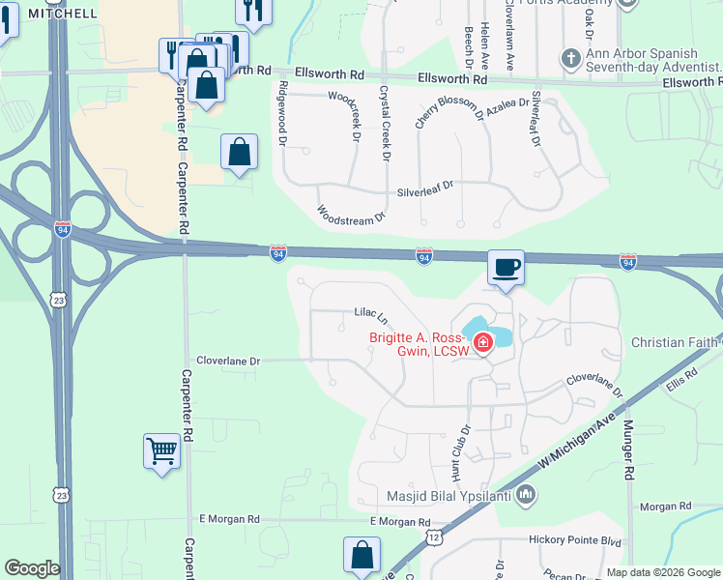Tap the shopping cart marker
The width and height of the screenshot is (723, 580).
click(161, 449)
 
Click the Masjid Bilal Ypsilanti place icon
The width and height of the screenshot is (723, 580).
click(526, 495)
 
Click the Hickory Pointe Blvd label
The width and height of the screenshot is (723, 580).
click(574, 540)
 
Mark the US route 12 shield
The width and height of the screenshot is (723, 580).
click(434, 536)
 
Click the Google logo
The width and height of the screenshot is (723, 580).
click(32, 568)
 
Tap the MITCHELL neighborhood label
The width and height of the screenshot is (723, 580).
click(64, 14)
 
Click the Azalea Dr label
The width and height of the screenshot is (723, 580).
click(507, 107)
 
